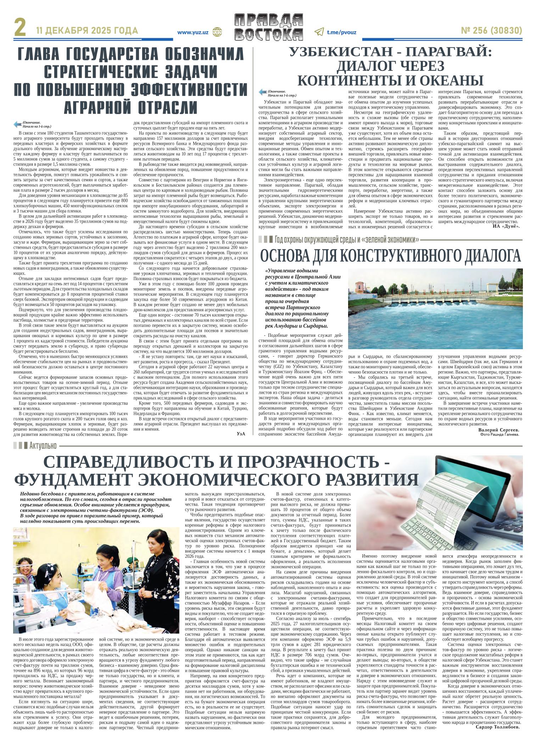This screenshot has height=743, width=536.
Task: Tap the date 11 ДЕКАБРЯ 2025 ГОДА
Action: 87,31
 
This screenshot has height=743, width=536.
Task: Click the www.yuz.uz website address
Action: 192,32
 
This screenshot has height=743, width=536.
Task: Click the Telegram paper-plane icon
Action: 319,32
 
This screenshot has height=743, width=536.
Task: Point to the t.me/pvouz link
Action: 341,32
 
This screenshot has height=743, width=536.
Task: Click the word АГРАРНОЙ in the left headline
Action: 102,106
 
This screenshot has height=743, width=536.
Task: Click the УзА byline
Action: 241,433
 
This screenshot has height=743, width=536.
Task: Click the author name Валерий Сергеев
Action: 498,430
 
